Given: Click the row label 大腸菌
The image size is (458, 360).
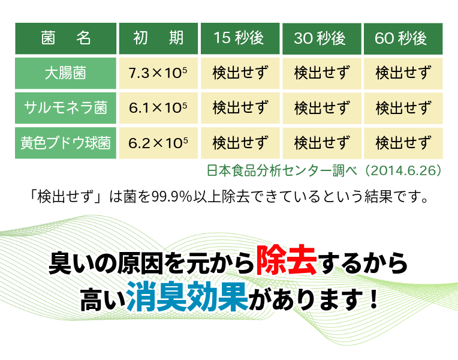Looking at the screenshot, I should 66,73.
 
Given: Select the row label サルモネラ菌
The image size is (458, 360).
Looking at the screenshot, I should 66,108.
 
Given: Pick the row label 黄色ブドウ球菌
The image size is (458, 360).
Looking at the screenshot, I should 66,143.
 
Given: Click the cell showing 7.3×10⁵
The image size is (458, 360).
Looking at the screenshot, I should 159,73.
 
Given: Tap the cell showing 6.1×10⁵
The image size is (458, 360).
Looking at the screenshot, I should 159,108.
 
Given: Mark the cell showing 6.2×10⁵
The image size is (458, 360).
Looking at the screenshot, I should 159,143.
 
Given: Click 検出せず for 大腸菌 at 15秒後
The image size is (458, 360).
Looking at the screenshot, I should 240,73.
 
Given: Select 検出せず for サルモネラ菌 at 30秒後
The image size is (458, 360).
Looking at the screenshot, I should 321,108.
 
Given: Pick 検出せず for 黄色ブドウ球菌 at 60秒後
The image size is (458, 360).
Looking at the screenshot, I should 402,143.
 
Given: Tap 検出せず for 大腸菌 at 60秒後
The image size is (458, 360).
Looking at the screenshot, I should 402,73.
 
